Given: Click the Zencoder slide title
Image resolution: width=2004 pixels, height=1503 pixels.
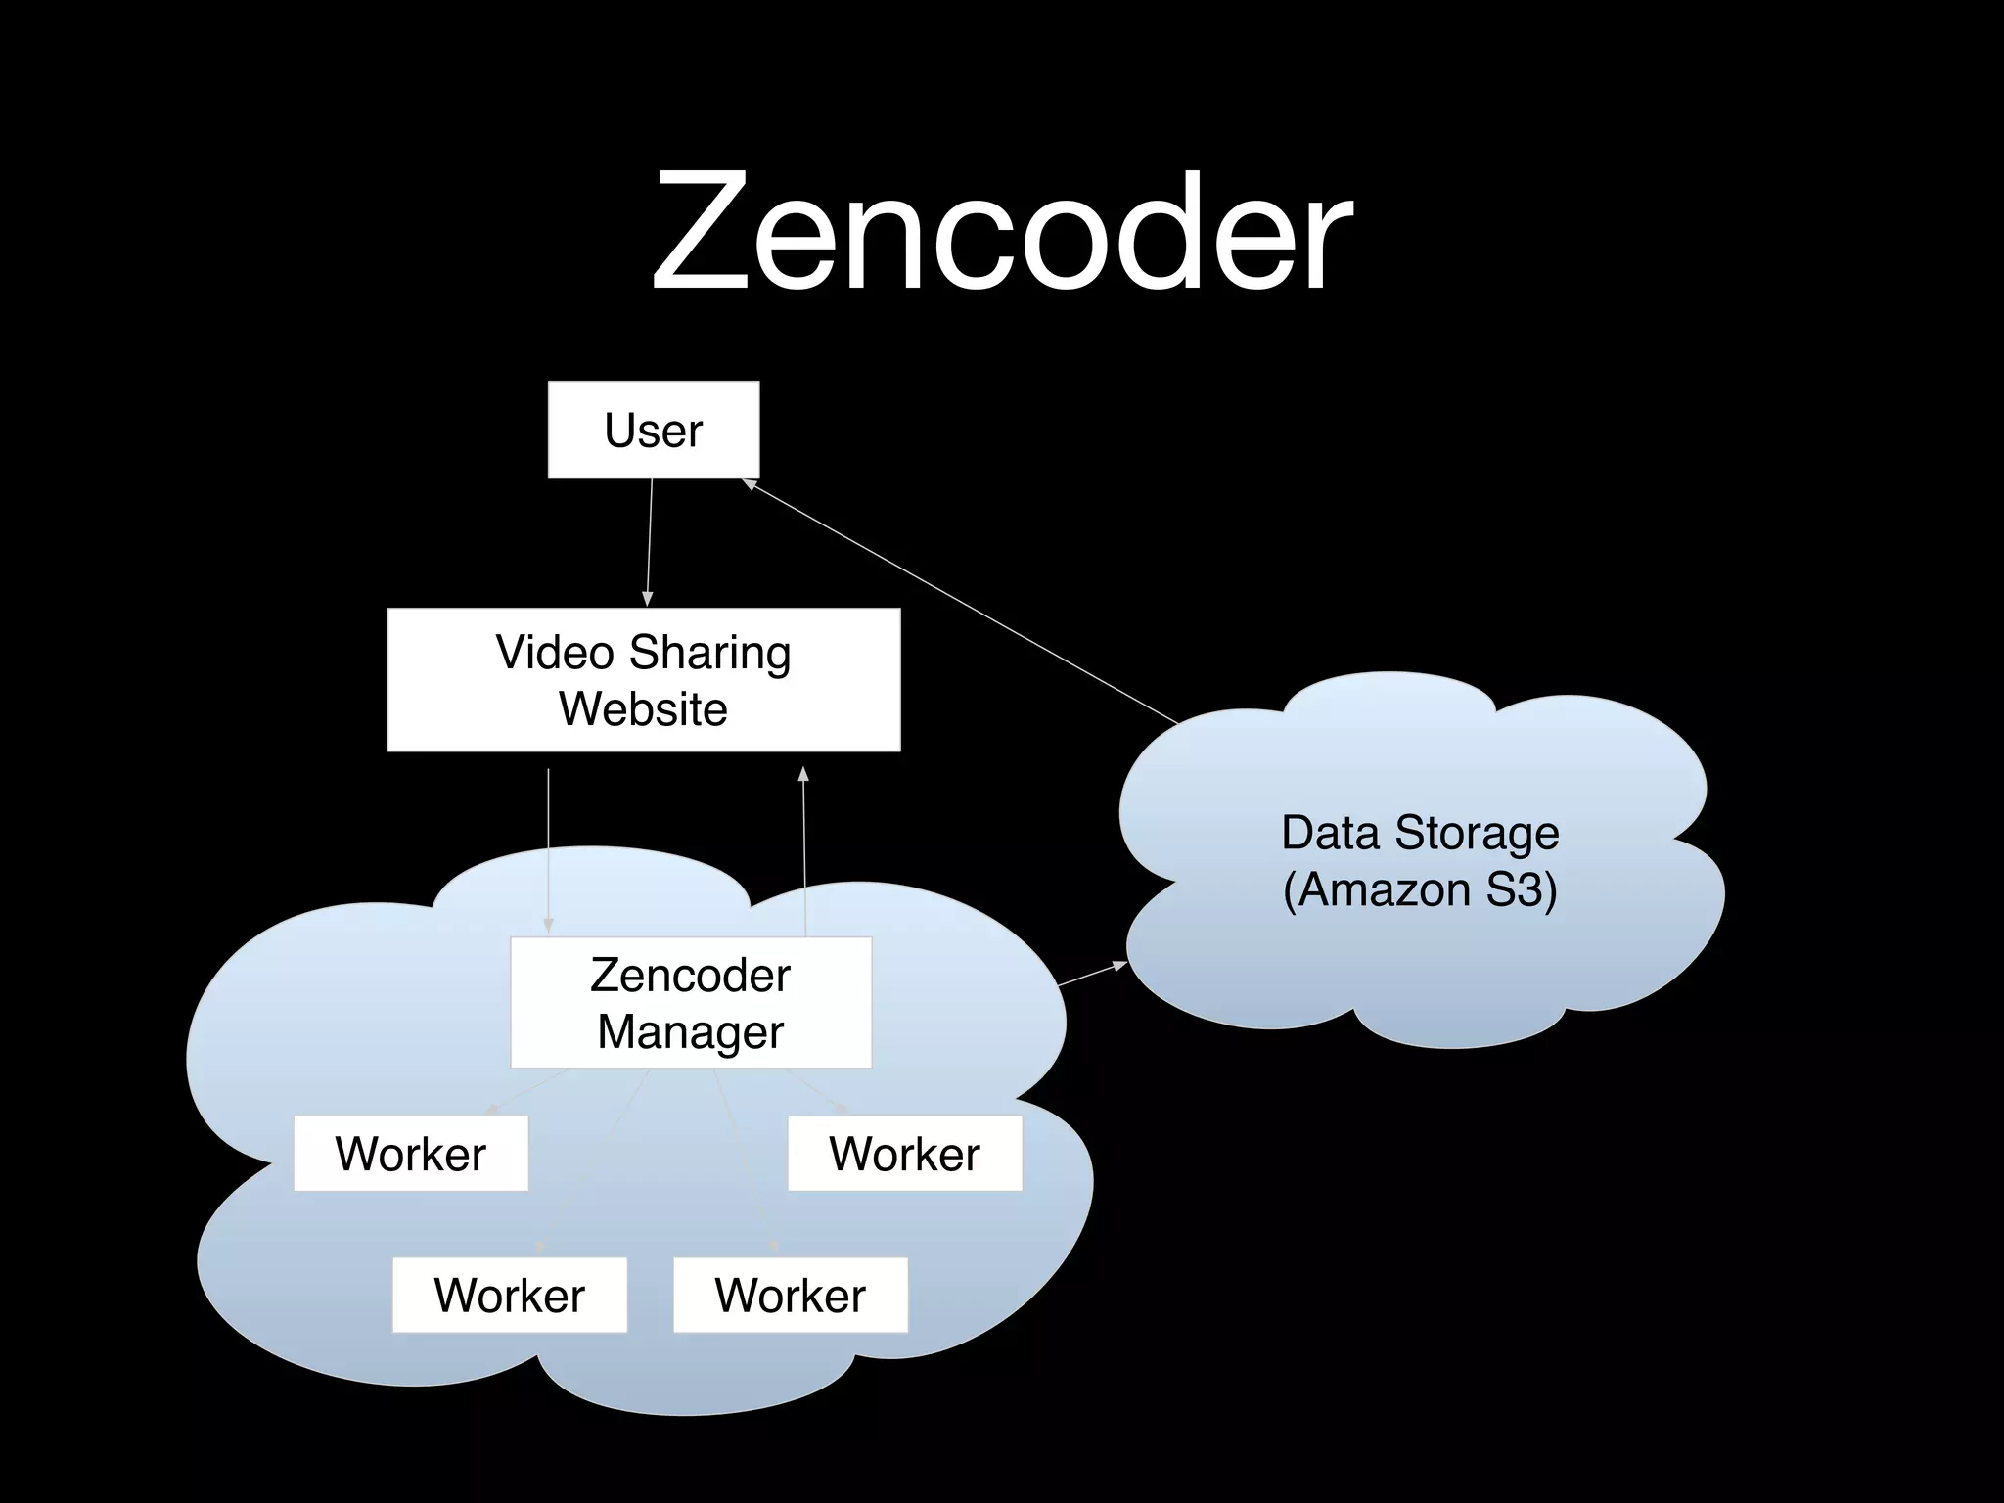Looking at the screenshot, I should point(1002,233).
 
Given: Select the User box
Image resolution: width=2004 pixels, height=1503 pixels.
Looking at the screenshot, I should point(653,431).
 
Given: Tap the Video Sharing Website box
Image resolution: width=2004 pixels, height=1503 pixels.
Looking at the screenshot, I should point(643,680).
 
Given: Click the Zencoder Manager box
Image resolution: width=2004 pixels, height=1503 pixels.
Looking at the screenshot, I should point(691,1003).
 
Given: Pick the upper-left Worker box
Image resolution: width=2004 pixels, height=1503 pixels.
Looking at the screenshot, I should point(411,1154).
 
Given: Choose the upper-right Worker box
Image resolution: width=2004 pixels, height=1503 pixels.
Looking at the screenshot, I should point(904,1154).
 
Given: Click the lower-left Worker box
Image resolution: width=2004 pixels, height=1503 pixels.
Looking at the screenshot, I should point(509,1296).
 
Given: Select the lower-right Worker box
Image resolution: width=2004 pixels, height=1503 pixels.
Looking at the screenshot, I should point(790,1296).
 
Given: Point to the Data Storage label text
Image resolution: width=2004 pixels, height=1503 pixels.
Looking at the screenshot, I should point(1420,833).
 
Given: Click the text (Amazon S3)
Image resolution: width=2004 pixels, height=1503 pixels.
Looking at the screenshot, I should point(1420,889).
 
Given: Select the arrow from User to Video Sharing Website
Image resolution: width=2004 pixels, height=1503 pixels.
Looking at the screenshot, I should point(649,543).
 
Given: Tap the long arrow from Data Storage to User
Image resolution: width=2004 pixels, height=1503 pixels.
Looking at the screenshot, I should point(959,601).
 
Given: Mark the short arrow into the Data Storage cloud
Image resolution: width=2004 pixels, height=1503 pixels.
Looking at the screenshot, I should point(1092,975).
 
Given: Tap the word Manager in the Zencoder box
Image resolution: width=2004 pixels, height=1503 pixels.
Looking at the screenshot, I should point(691,1032).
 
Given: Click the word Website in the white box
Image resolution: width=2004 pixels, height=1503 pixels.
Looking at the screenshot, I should point(643,709).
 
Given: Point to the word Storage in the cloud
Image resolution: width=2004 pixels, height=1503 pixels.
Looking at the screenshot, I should point(1477,833).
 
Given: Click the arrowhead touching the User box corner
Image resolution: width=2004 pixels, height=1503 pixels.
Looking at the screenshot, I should point(750,483).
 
